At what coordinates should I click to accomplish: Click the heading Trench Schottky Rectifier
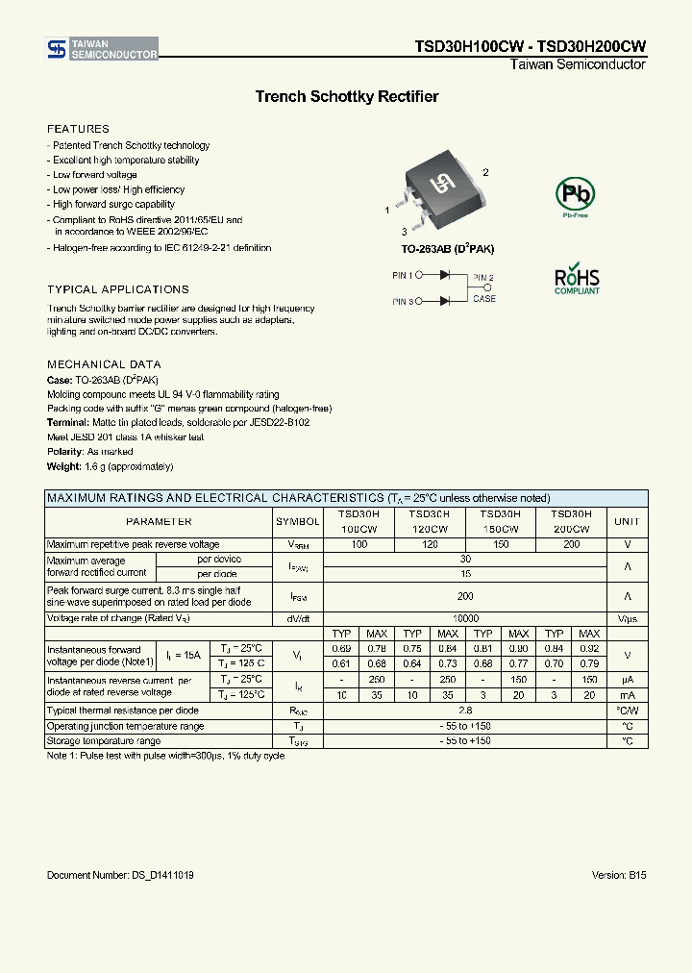tap(346, 97)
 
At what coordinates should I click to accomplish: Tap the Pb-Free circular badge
tap(575, 196)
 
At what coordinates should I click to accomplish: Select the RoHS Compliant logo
tap(577, 278)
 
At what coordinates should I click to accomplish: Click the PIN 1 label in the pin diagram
tap(403, 275)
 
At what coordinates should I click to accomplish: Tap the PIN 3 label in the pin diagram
tap(403, 301)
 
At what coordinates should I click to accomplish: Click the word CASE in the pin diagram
tap(484, 299)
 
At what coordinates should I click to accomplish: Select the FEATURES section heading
tap(79, 129)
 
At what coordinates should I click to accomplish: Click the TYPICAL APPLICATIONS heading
tap(118, 289)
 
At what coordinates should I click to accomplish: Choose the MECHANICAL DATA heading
tap(104, 364)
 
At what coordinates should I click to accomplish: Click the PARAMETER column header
tap(159, 521)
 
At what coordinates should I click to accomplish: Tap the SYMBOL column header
tap(298, 521)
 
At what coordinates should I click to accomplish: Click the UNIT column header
tap(627, 521)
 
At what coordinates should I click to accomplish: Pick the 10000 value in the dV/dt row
tap(465, 619)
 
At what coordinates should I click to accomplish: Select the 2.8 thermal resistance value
tap(465, 711)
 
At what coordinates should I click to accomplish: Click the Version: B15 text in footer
tap(619, 876)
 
